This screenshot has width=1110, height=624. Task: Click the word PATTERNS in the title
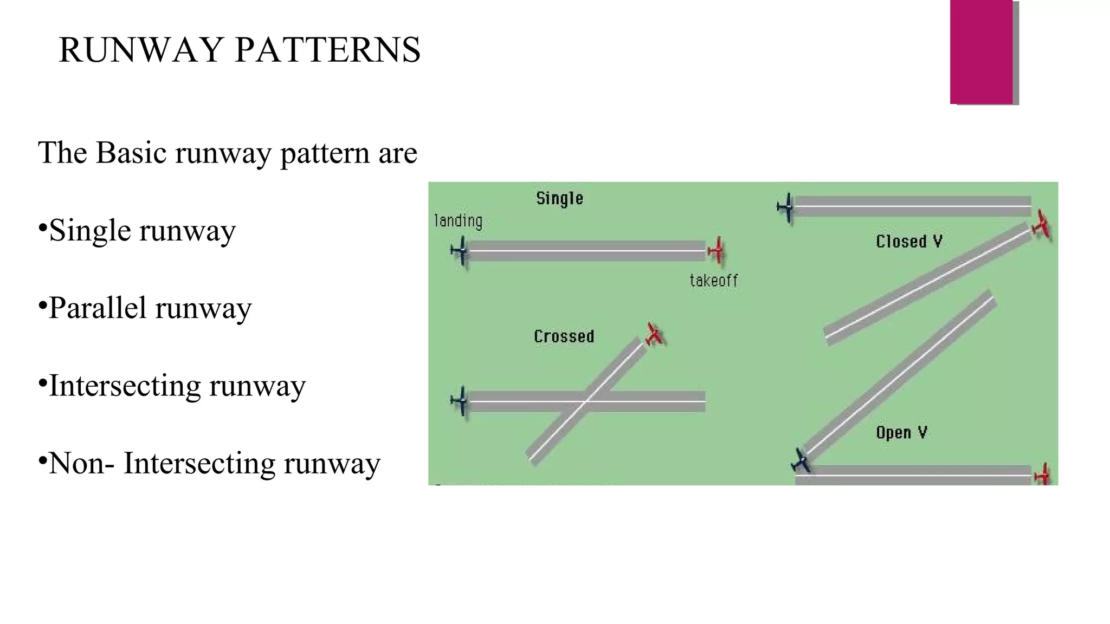point(327,50)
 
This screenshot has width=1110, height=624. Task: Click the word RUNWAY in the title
point(140,50)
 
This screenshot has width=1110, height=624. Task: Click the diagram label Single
point(559,198)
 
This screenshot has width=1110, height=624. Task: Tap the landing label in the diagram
point(459,221)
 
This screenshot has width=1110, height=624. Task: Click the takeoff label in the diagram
point(713,281)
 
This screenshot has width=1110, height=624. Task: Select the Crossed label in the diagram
point(564,336)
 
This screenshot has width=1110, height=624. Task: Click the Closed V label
point(909,242)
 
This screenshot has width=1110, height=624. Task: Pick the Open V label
point(901,432)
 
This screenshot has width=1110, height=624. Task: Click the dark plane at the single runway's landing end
point(460,251)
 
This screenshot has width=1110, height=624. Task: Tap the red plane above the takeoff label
point(717,251)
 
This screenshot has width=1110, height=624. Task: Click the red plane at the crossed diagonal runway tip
point(655,334)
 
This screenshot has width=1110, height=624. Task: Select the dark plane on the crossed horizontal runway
point(460,401)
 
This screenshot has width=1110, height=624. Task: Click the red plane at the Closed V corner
point(1041,224)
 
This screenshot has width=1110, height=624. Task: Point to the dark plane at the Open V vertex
point(801,461)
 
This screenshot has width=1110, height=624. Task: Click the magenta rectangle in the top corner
point(982,52)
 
